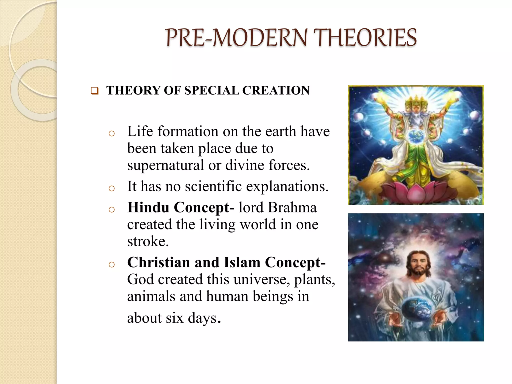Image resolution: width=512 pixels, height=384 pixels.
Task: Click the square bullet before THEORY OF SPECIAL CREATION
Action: pos(94,91)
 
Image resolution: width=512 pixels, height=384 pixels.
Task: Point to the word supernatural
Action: pos(165,165)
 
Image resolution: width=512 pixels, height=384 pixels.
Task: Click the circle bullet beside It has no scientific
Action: pos(112,188)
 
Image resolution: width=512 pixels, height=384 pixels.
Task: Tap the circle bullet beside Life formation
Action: pos(112,133)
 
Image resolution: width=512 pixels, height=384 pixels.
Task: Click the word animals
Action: pos(151,296)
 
